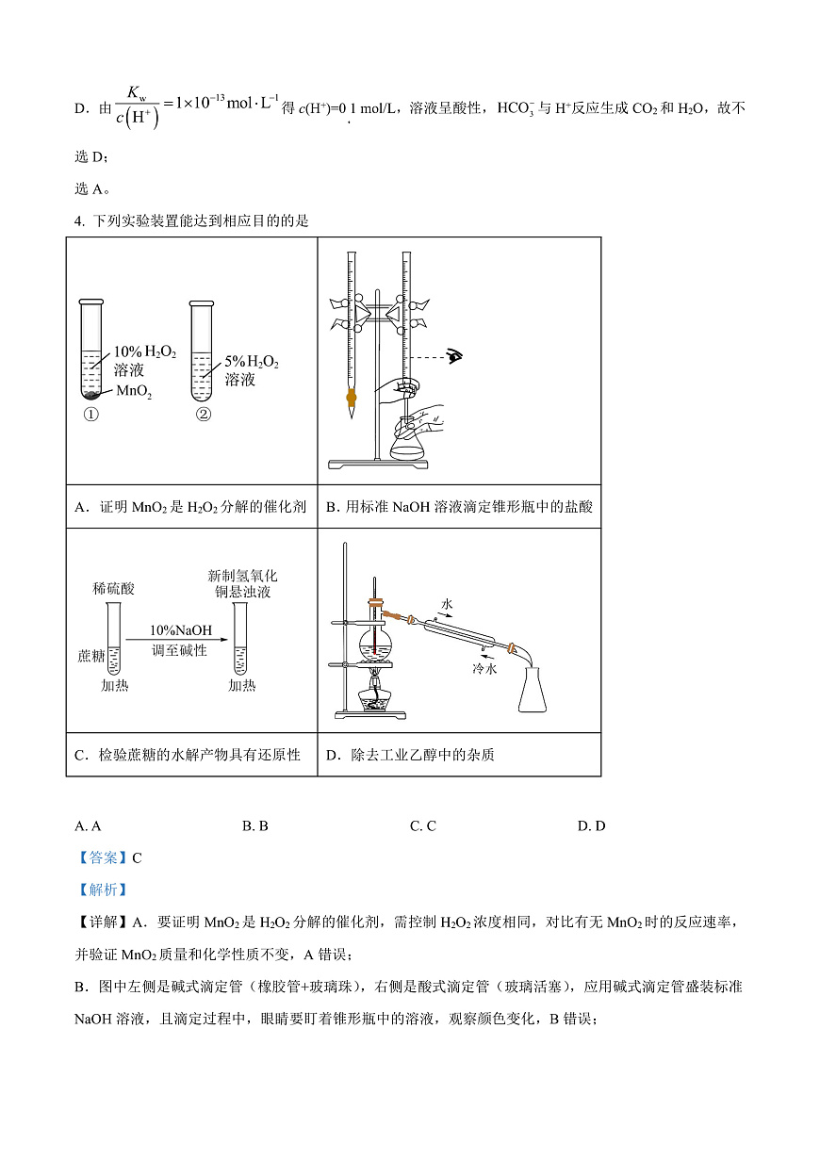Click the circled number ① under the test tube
[x=91, y=415]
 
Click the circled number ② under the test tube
[x=203, y=415]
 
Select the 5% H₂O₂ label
[x=252, y=362]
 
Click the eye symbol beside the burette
[x=456, y=356]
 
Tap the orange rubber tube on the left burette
[x=352, y=399]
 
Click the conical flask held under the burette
[x=407, y=444]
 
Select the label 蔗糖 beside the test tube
[x=91, y=655]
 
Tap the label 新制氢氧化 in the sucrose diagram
[x=242, y=575]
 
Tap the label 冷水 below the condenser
[x=484, y=668]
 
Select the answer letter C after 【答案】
[x=137, y=857]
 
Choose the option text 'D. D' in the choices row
[x=591, y=825]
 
